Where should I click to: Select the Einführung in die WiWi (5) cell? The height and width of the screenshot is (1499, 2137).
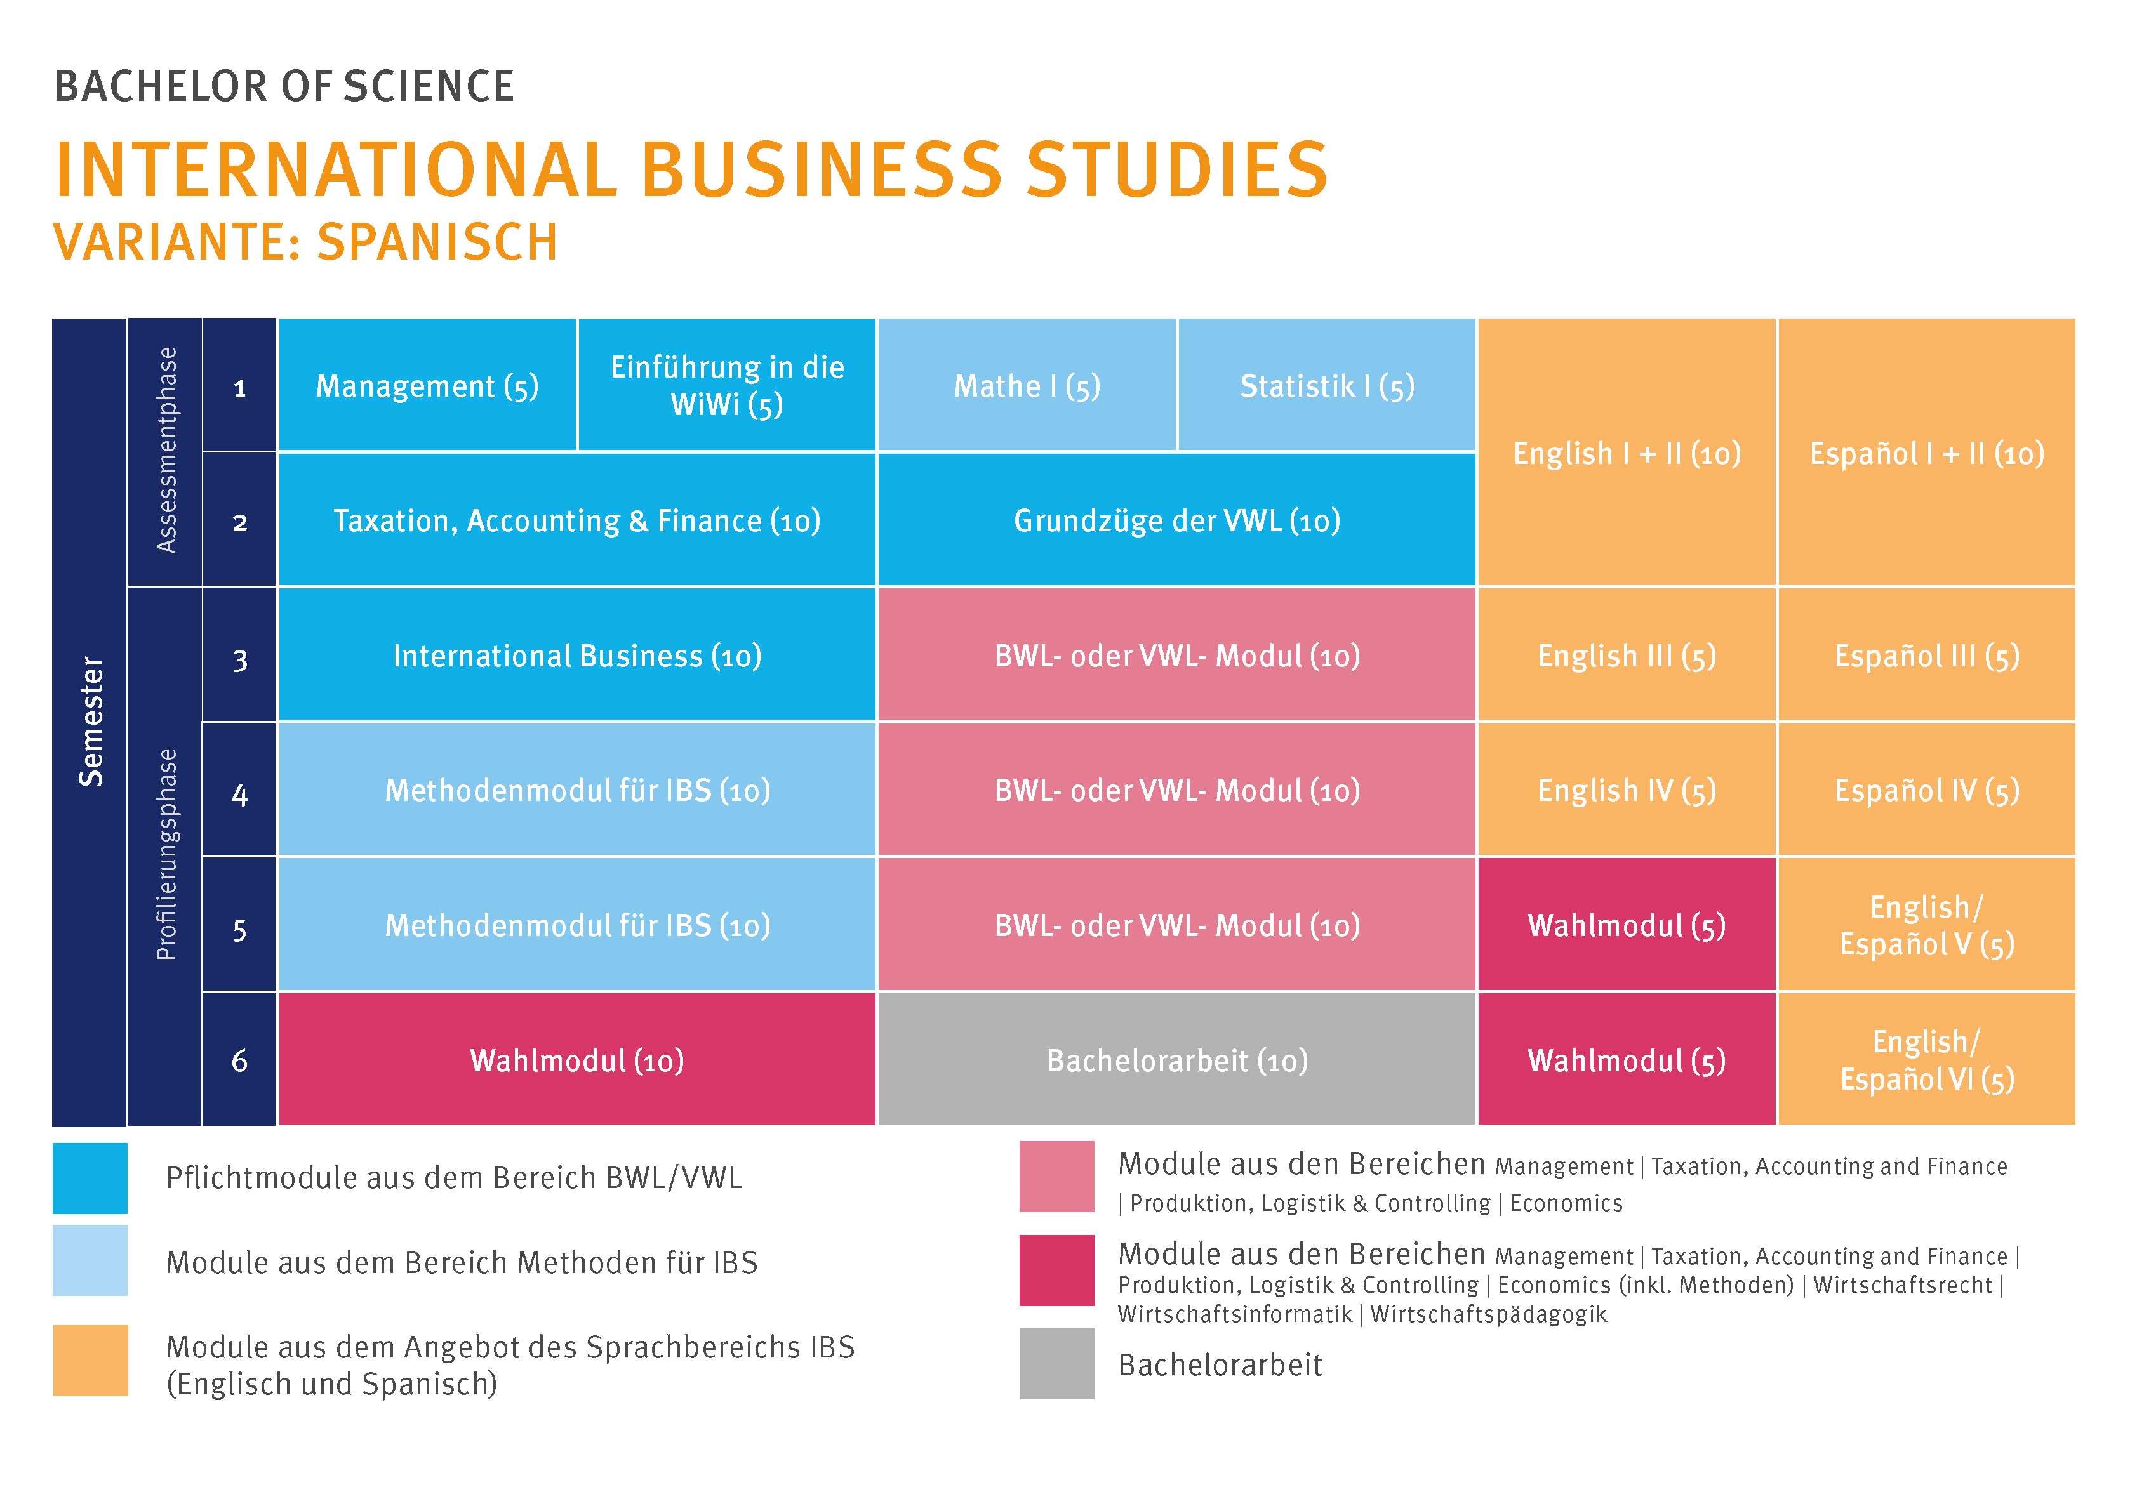(726, 385)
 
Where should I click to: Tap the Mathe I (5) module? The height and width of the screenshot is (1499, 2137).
(1027, 385)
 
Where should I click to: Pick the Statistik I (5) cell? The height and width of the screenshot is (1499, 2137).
(1326, 385)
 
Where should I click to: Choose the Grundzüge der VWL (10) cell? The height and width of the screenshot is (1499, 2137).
(1176, 520)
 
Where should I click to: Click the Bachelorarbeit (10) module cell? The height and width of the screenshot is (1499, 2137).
(1176, 1060)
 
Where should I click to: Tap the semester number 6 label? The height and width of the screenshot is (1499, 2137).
(239, 1060)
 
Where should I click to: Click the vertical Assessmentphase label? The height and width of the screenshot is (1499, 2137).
(166, 451)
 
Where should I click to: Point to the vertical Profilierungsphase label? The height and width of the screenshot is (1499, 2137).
(166, 854)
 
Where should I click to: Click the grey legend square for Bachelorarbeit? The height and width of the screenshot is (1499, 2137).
(1056, 1363)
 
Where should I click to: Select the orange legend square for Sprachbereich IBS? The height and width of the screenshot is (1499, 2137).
(90, 1361)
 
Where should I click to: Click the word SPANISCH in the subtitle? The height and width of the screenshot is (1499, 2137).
(437, 243)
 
